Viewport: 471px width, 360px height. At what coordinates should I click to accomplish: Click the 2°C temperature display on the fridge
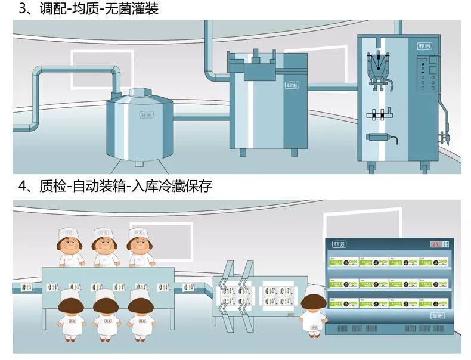coord(436,244)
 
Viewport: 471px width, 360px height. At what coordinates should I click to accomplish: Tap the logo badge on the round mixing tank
coord(147,113)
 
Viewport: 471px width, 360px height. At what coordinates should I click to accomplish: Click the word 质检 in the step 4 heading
coord(51,186)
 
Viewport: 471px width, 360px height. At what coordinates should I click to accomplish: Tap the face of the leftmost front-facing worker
coord(70,244)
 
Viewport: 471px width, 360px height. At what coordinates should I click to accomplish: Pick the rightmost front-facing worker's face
coord(140,244)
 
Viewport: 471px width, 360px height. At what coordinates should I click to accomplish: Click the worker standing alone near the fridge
coord(312,310)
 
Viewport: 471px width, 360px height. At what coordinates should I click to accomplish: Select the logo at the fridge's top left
coord(339,244)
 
